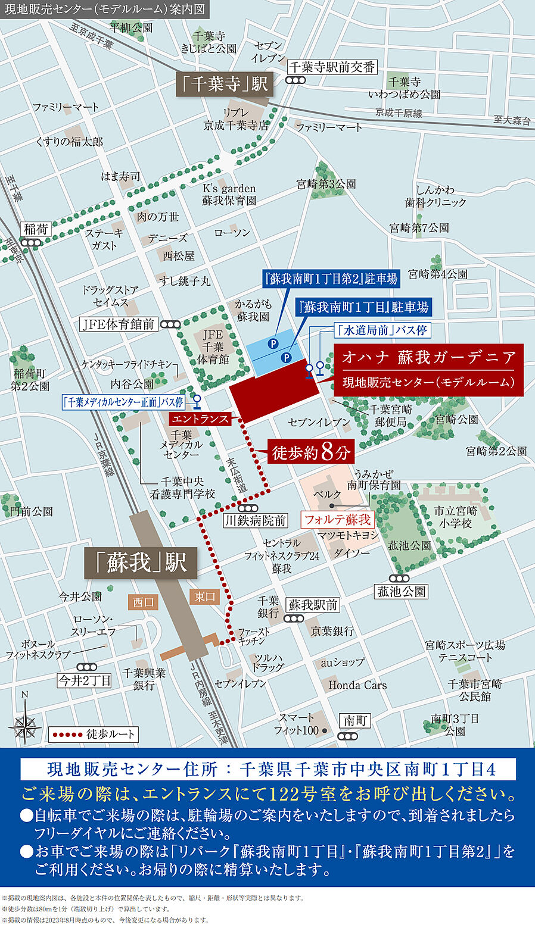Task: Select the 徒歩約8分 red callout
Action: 310,452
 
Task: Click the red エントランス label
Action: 200,419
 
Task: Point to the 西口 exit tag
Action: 143,602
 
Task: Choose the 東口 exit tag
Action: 205,596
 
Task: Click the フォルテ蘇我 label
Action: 337,520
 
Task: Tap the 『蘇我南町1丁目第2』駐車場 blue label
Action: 331,279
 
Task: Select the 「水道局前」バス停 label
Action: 381,330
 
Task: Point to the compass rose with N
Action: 25,723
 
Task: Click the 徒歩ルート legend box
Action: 94,735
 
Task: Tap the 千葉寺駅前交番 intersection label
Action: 332,67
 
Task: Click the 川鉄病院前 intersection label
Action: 256,521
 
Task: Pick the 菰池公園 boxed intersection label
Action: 402,592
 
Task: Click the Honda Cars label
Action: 357,685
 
